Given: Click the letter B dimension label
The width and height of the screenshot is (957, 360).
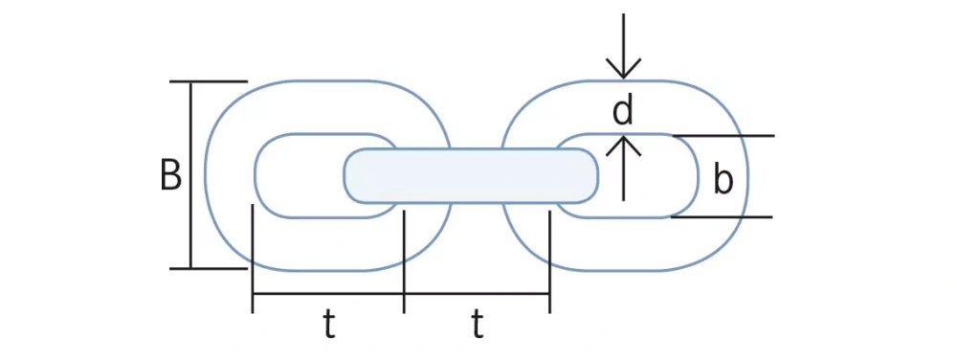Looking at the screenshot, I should (x=170, y=175).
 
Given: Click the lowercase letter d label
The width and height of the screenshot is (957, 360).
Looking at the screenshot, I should (x=623, y=112).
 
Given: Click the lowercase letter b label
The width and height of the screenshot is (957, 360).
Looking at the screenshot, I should (x=723, y=179).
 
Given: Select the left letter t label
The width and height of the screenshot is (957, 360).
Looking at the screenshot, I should (x=328, y=326).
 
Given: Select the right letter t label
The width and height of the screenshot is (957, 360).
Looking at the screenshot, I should (x=477, y=326).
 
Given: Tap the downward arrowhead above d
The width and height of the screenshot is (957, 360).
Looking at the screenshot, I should (x=624, y=70).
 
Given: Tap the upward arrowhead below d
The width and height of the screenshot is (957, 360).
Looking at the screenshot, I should (x=624, y=144).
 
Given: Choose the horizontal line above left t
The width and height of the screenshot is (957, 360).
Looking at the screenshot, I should (x=328, y=294).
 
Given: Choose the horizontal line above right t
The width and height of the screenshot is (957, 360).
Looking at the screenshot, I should (x=477, y=294).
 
